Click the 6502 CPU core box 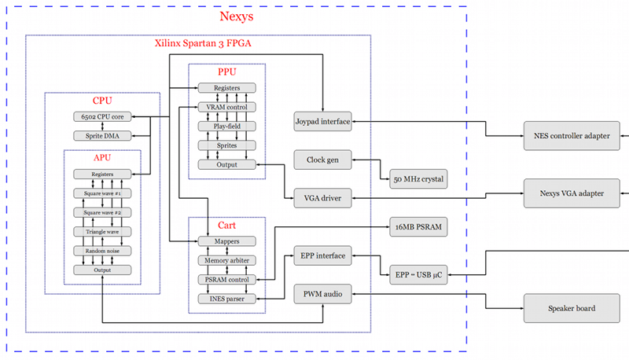pos(101,117)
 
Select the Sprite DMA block pos(101,136)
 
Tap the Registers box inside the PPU pos(227,88)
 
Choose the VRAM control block pos(227,107)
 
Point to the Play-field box pos(227,126)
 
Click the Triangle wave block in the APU pos(102,231)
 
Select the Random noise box pos(102,251)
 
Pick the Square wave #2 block pos(102,212)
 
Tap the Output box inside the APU pos(102,270)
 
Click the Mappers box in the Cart pos(227,241)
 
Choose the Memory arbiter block pos(227,260)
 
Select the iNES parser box pos(227,298)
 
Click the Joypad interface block pos(322,121)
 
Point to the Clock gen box pos(322,160)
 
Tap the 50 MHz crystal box pos(418,179)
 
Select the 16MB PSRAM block pos(418,227)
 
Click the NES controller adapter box pos(571,135)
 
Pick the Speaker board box pos(571,308)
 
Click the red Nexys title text pos(236,17)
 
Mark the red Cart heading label pos(226,226)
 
